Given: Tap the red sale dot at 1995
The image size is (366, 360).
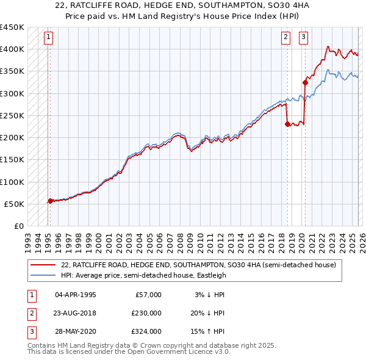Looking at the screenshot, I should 50,201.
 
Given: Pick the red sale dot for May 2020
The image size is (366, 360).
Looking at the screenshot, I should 305,82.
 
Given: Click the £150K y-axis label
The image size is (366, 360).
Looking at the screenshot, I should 12,160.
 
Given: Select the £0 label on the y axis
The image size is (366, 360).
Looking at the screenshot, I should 18,226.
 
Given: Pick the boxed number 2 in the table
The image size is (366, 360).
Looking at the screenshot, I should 31,313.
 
